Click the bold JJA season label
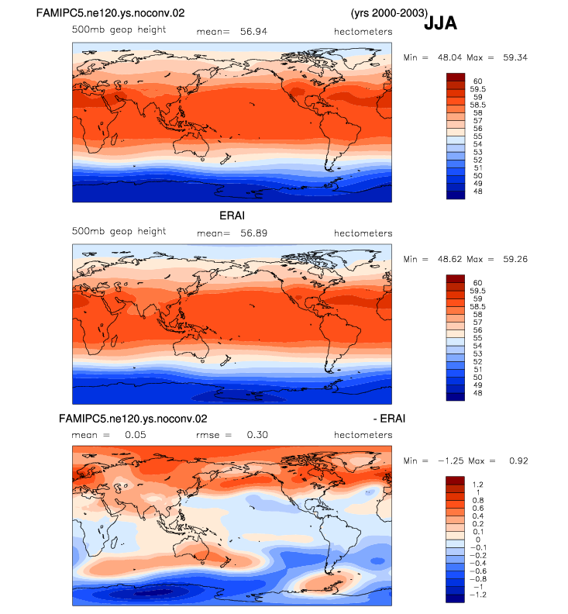point(440,23)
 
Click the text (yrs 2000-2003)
point(389,13)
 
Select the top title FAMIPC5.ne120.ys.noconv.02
point(110,13)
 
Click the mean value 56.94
point(253,31)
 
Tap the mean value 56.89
point(253,233)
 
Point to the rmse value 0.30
point(257,435)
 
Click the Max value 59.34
point(515,57)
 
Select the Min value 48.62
point(449,259)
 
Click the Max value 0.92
point(518,461)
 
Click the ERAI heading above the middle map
point(232,216)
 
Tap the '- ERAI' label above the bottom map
point(389,419)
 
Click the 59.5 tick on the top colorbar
point(477,89)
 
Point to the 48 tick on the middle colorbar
point(477,393)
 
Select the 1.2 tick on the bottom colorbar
point(478,485)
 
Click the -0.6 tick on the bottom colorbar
point(477,571)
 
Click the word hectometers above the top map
point(363,31)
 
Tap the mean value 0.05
point(136,435)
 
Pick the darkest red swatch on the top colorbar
point(456,78)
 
